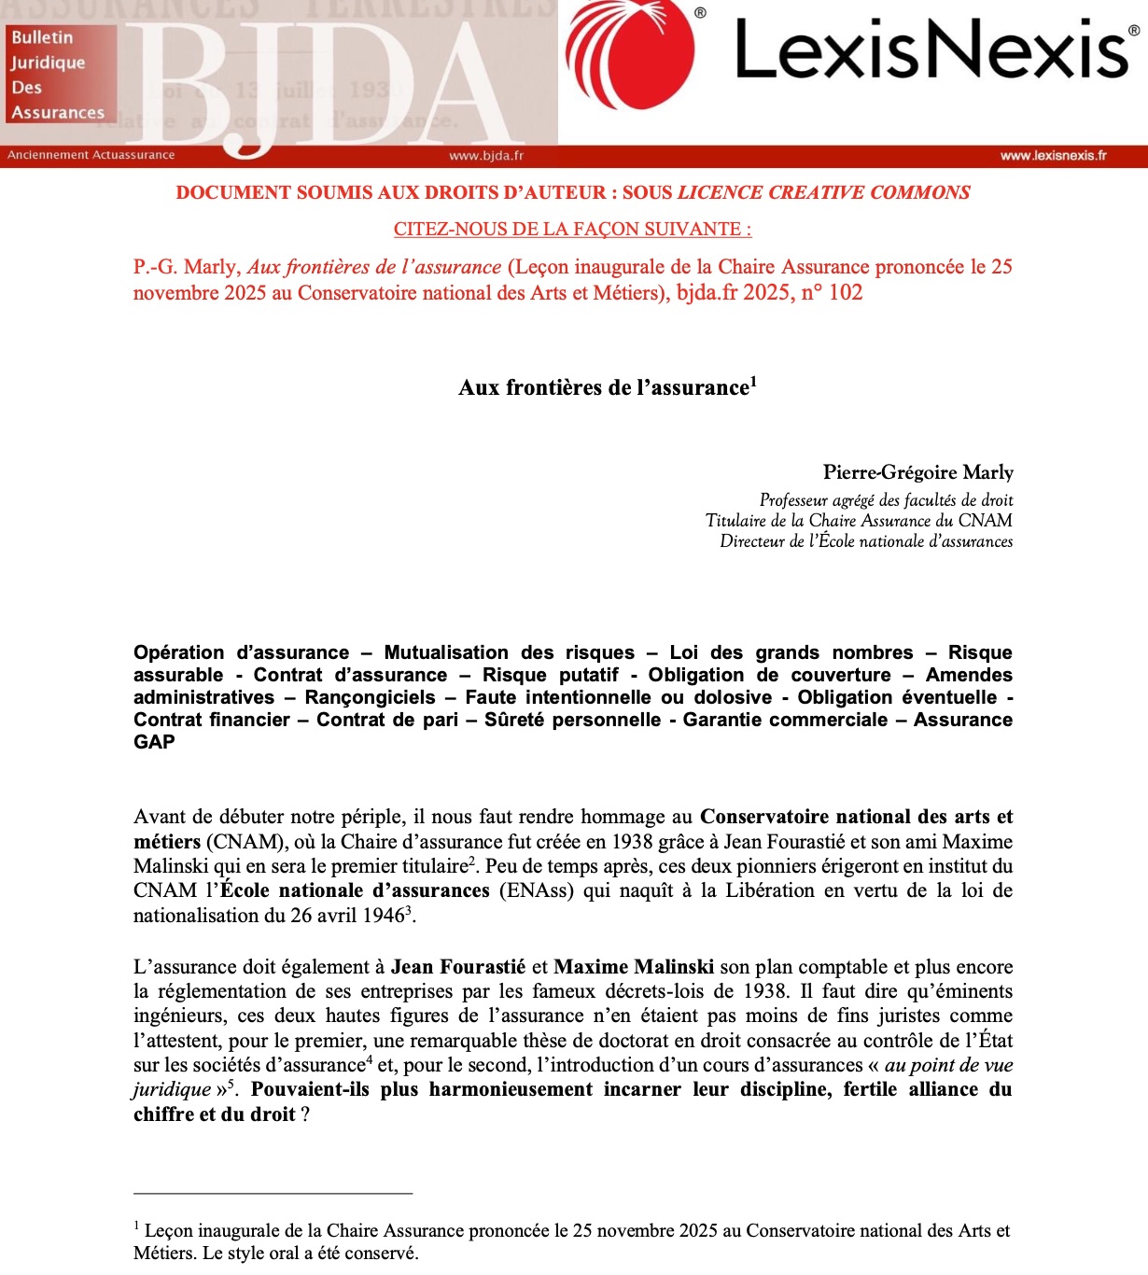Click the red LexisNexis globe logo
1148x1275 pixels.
pos(632,53)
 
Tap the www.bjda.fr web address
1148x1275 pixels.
pos(486,156)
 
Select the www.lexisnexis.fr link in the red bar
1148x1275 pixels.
pos(1053,156)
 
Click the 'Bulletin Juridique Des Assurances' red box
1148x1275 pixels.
pos(60,75)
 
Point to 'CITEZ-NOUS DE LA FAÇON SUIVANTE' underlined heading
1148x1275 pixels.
pos(572,229)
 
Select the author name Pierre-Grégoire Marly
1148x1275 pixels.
pos(917,472)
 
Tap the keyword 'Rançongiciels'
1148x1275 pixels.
pos(370,697)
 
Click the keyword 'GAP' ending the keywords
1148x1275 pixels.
pos(154,742)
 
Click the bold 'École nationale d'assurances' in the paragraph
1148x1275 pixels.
pos(355,890)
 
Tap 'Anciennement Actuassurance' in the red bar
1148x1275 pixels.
pos(91,155)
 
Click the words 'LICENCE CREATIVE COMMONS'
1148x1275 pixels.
pos(823,192)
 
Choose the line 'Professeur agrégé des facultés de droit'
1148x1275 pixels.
pos(886,500)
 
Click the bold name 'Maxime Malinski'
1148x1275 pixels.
pos(634,967)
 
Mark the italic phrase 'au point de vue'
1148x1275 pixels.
pos(948,1065)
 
